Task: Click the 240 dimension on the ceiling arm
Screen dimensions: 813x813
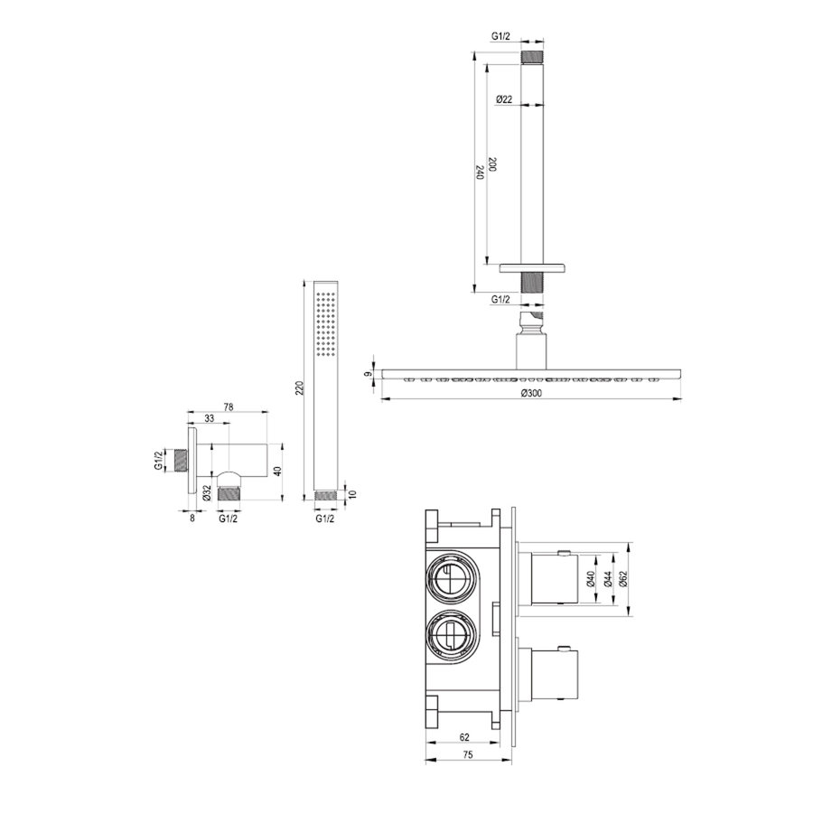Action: [x=480, y=173]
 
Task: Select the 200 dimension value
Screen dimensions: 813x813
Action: [x=492, y=165]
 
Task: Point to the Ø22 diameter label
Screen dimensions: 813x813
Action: [x=504, y=99]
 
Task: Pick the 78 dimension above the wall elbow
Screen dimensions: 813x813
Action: [x=229, y=408]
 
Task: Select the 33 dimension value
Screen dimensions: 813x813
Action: [x=209, y=420]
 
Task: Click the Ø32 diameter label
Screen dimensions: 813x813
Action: [x=207, y=492]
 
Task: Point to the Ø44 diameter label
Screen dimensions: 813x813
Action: [x=608, y=580]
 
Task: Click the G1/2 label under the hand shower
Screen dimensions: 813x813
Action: [x=325, y=519]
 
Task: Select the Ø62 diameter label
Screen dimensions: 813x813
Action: [x=622, y=580]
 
